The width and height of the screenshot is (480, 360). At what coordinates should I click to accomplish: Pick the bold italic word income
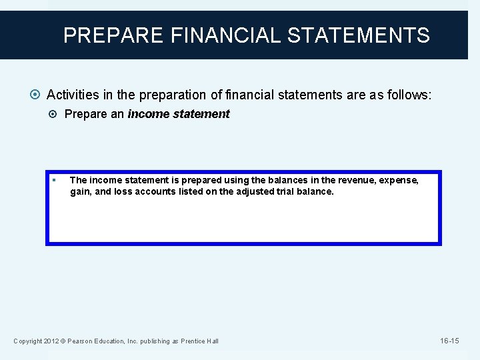149,114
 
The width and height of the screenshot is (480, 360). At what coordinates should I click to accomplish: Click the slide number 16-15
449,341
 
